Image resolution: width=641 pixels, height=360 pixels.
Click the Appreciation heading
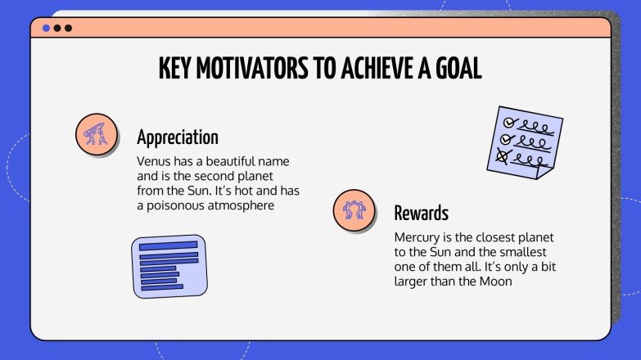[x=178, y=137]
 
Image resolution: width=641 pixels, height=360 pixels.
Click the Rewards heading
[x=421, y=214]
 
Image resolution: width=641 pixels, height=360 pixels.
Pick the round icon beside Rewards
[x=354, y=209]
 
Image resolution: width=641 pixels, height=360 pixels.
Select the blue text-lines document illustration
[x=169, y=266]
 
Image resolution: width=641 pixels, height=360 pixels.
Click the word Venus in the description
[x=155, y=161]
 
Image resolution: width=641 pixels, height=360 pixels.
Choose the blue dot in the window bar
[x=47, y=28]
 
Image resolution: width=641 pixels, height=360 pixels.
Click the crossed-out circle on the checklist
[x=503, y=155]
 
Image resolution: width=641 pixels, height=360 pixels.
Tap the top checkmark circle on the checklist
[x=508, y=122]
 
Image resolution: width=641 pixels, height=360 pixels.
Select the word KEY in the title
[x=178, y=70]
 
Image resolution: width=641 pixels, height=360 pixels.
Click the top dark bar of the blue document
[x=168, y=245]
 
